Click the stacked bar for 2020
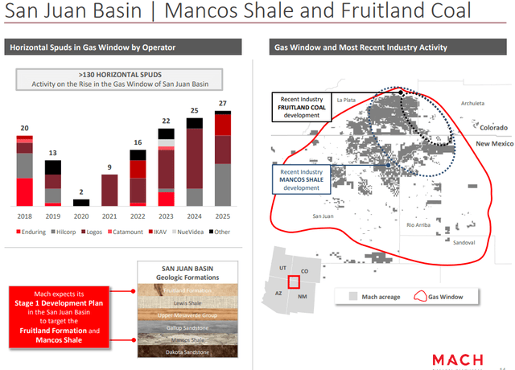81,203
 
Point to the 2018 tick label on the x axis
24,216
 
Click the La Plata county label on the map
346,99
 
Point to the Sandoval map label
463,242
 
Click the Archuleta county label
473,103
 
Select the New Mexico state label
492,142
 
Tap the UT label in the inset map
282,267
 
